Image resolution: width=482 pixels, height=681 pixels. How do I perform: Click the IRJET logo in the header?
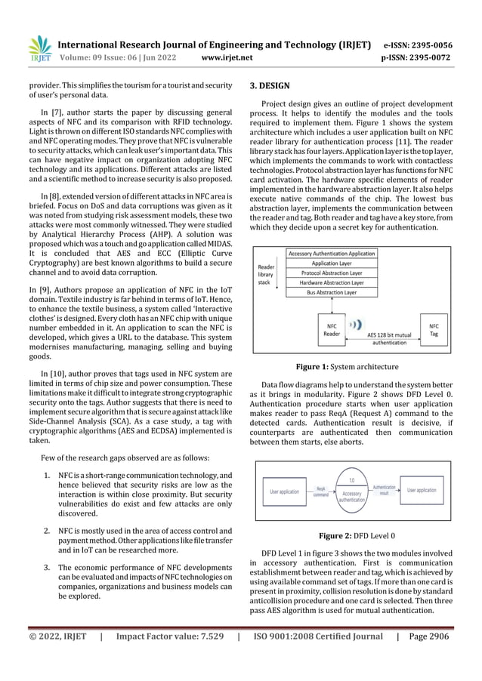click(38, 49)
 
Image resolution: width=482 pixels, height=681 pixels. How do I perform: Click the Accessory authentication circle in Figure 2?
click(346, 493)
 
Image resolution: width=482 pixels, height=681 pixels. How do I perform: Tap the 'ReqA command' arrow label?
click(322, 492)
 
